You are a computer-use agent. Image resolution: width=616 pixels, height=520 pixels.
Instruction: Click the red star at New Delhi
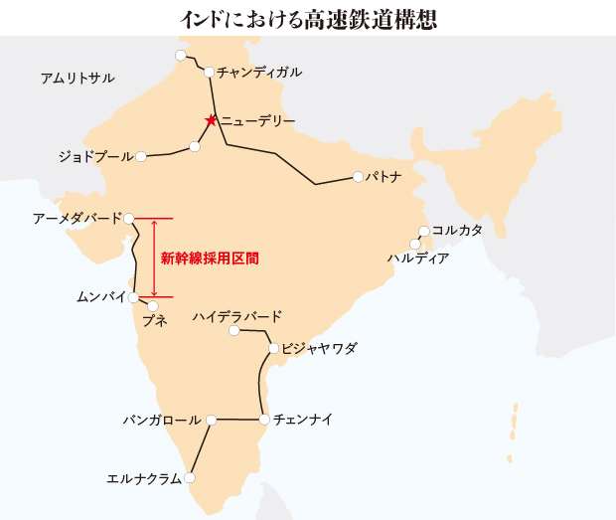coord(211,120)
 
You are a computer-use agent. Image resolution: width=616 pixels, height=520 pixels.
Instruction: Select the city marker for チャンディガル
coord(209,72)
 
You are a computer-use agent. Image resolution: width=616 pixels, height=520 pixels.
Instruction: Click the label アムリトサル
coord(77,78)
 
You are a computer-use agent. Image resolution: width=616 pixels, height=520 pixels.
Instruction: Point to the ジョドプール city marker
coord(141,156)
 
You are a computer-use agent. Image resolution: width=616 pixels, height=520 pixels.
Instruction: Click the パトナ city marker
coord(357,177)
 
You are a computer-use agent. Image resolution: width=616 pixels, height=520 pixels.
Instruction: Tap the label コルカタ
coord(457,231)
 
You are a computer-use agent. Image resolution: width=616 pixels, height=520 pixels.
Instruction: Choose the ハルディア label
coord(417,259)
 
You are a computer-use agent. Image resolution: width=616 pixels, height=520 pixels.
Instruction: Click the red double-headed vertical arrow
coord(153,258)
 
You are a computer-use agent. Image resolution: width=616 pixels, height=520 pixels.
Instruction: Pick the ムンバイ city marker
coord(133,296)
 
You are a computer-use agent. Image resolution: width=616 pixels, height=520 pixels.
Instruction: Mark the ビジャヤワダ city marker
coord(273,348)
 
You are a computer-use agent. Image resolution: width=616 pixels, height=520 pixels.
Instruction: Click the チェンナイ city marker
coord(264,420)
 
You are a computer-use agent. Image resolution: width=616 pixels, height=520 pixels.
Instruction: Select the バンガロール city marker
coord(211,420)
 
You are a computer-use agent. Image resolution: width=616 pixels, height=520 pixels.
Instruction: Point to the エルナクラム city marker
coord(190,478)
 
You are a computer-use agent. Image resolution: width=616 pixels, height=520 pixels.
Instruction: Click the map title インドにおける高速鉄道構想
coord(308,18)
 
